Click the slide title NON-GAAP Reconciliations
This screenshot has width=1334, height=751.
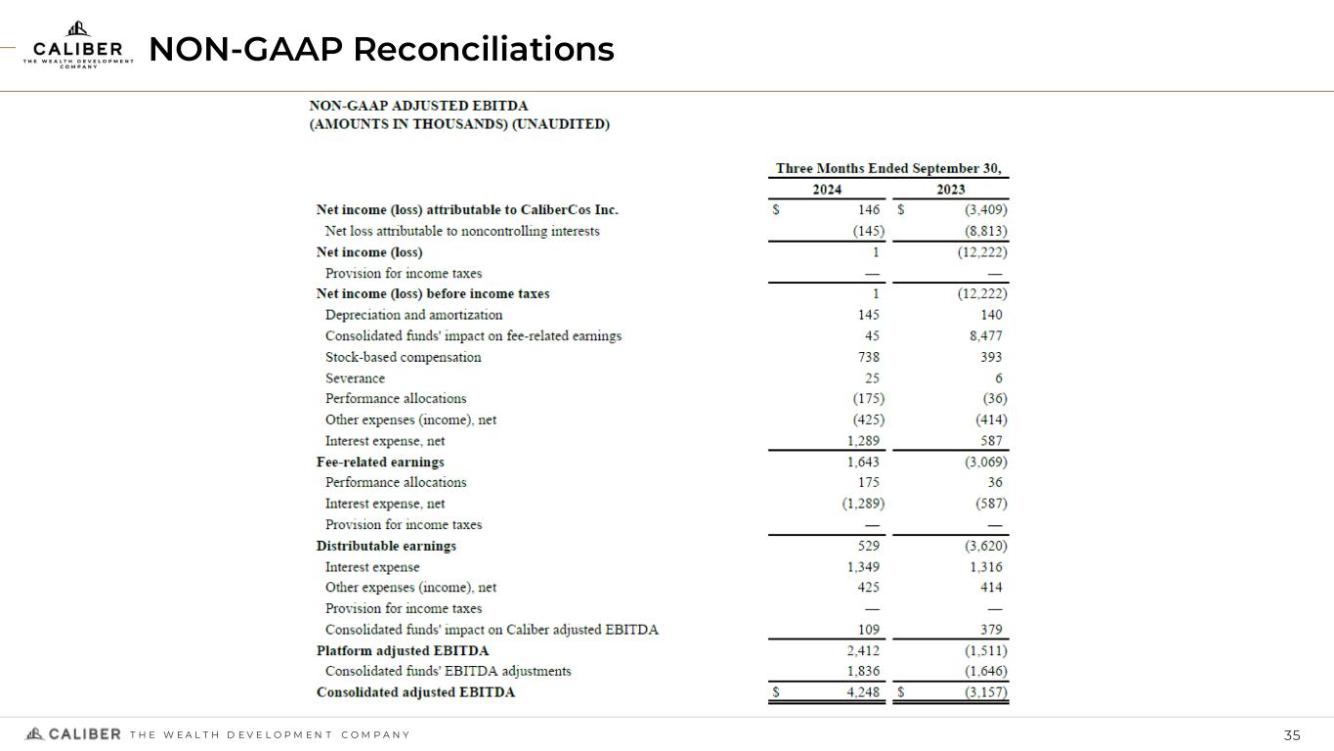(x=381, y=48)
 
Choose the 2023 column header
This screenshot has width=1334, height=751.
(x=950, y=190)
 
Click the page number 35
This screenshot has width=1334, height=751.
(x=1292, y=735)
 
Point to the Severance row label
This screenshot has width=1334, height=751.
(x=355, y=378)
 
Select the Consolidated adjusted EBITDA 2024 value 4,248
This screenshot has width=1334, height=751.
(x=863, y=692)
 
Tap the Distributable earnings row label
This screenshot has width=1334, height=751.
(x=386, y=546)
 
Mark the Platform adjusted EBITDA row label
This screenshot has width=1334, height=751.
(x=403, y=650)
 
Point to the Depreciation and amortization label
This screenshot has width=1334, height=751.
(x=413, y=315)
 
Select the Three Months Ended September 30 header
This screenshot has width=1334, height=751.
(x=888, y=168)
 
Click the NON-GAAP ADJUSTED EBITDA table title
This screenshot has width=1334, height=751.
(x=418, y=106)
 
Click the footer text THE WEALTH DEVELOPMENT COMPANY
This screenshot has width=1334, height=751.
(x=270, y=735)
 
